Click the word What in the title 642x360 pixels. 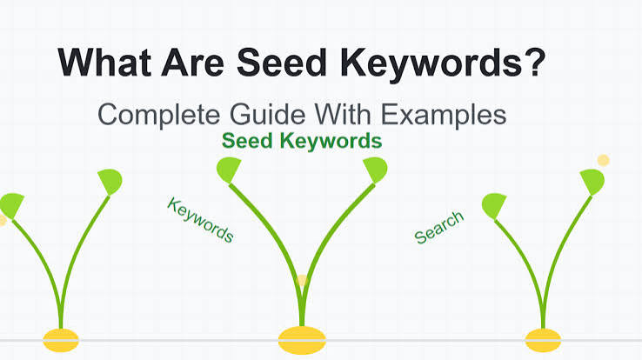pyautogui.click(x=105, y=63)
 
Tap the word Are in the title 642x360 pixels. pyautogui.click(x=193, y=63)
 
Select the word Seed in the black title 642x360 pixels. pyautogui.click(x=282, y=63)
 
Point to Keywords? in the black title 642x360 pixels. pyautogui.click(x=443, y=64)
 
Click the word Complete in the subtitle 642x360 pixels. pyautogui.click(x=159, y=116)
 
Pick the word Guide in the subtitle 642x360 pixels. pyautogui.click(x=267, y=115)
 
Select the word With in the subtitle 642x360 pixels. pyautogui.click(x=343, y=115)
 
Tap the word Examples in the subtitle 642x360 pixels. pyautogui.click(x=444, y=116)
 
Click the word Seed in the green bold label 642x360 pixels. pyautogui.click(x=247, y=141)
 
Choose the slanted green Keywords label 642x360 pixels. pyautogui.click(x=200, y=220)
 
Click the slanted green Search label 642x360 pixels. pyautogui.click(x=439, y=227)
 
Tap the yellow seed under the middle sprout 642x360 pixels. pyautogui.click(x=302, y=340)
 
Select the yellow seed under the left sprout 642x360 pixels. pyautogui.click(x=61, y=340)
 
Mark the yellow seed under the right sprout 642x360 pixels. pyautogui.click(x=543, y=340)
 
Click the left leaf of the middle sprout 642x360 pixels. pyautogui.click(x=229, y=170)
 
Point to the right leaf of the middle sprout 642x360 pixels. pyautogui.click(x=376, y=170)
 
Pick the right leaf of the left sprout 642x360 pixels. pyautogui.click(x=110, y=181)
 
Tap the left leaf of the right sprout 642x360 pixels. pyautogui.click(x=494, y=206)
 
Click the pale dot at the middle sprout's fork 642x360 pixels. pyautogui.click(x=302, y=281)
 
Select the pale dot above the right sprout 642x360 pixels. pyautogui.click(x=603, y=160)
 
